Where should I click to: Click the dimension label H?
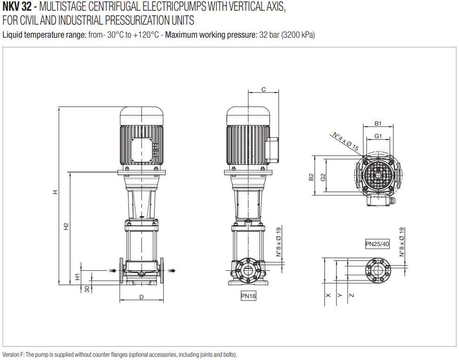click(55, 192)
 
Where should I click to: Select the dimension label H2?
click(66, 226)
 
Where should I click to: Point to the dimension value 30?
click(87, 289)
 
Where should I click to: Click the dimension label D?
click(141, 296)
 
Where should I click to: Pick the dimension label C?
click(263, 89)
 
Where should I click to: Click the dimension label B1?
click(378, 124)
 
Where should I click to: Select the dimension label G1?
click(378, 136)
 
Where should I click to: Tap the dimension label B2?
click(311, 177)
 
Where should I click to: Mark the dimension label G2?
click(322, 177)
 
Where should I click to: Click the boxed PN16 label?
click(248, 296)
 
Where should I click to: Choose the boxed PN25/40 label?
click(377, 244)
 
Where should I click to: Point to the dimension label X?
click(327, 295)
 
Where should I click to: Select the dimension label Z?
click(351, 295)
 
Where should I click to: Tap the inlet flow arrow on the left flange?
click(111, 271)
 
